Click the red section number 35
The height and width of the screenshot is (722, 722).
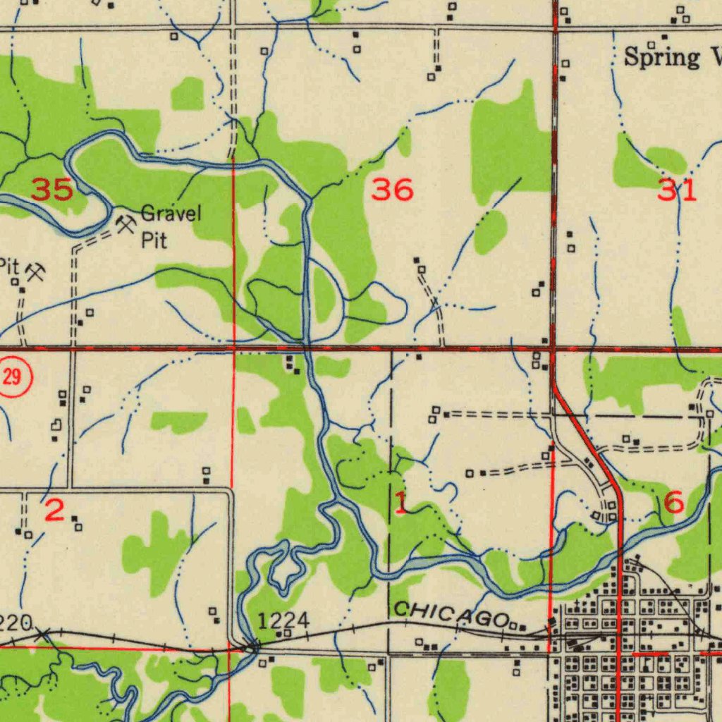[x=53, y=190]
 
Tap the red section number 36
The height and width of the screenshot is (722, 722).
[x=393, y=190]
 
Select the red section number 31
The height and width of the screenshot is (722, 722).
[x=677, y=190]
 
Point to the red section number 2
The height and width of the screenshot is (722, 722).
[x=55, y=510]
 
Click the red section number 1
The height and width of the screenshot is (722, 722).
[x=400, y=503]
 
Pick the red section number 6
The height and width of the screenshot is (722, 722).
[x=673, y=503]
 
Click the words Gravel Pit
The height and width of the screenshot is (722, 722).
[x=169, y=226]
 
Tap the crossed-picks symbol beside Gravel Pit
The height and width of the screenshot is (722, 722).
[x=126, y=225]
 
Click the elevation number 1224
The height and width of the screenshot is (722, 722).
[x=283, y=620]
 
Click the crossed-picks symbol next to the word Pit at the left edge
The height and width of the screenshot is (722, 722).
[x=35, y=271]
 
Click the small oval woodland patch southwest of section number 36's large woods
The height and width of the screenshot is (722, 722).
[x=491, y=232]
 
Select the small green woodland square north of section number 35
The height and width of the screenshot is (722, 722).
[x=187, y=94]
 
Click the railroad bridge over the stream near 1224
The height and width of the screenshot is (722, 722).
[x=251, y=644]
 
